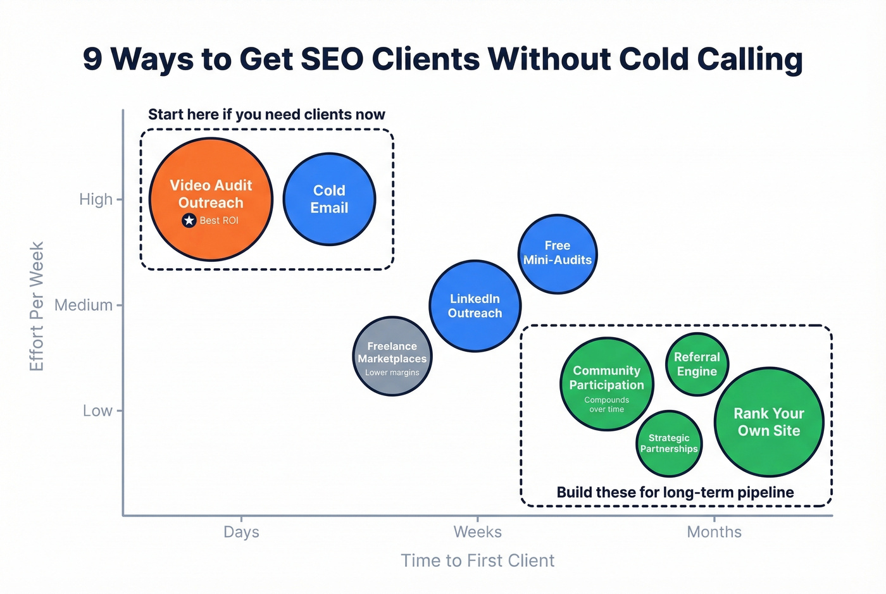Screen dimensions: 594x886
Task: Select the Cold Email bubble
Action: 329,199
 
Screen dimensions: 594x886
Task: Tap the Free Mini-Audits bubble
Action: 558,253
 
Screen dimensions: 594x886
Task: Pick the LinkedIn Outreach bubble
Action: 475,306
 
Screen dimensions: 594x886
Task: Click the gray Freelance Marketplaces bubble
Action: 392,356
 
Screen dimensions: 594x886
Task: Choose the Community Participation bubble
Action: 606,383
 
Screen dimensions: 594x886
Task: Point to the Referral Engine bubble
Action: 697,364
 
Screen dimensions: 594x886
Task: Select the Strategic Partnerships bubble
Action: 669,443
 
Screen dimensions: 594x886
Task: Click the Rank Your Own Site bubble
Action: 768,422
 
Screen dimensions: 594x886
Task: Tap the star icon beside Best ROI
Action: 189,220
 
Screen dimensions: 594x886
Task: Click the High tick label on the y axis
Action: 96,199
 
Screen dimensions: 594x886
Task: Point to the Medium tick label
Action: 84,305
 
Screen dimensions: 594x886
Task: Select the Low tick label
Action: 97,411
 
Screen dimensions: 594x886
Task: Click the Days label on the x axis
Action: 241,532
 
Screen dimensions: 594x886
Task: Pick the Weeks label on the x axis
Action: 477,532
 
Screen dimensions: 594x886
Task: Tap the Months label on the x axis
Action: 714,532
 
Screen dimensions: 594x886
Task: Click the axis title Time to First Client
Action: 477,560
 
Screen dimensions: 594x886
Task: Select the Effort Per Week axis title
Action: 37,306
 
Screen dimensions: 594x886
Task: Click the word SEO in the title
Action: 332,59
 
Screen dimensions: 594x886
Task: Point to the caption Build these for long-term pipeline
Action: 675,492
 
